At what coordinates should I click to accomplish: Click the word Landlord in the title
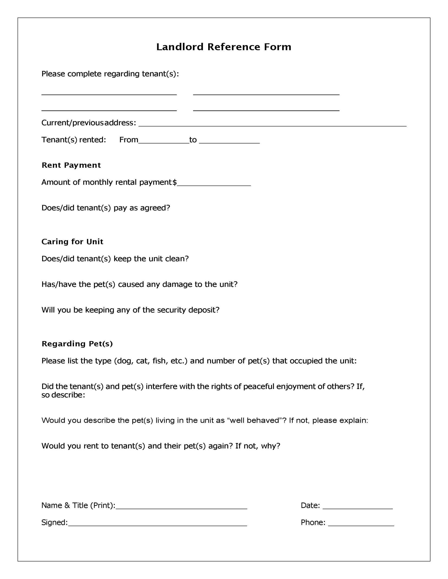click(x=180, y=47)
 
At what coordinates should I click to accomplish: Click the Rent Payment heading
click(x=71, y=165)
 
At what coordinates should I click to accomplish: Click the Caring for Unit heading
click(x=72, y=242)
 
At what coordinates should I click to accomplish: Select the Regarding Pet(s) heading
click(x=77, y=344)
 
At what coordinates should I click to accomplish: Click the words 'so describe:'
click(x=63, y=395)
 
